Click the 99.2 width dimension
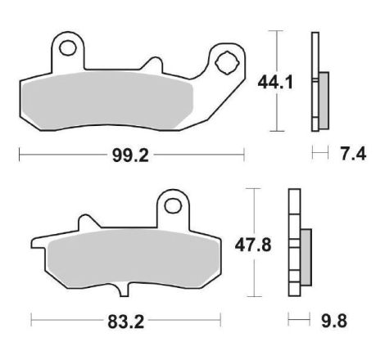coord(130,155)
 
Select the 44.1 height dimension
coord(275,83)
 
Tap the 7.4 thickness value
coord(353,154)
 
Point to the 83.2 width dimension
coord(125,322)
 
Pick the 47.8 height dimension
coord(253,245)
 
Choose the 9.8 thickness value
coord(334,321)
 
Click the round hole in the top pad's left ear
coord(67,48)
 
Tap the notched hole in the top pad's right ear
coord(227,63)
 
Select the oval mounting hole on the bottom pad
coord(173,206)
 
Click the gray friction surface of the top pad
coord(108,100)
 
